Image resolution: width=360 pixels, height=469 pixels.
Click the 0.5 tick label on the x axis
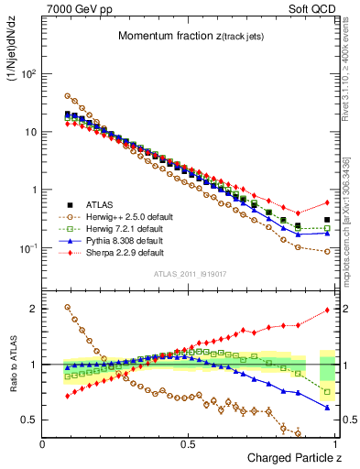188,444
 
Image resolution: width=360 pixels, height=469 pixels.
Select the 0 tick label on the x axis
43,444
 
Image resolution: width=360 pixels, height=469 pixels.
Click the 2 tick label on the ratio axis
34,309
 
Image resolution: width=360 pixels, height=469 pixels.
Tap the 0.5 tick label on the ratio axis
29,420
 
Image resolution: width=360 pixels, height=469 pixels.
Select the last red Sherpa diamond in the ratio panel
327,310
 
